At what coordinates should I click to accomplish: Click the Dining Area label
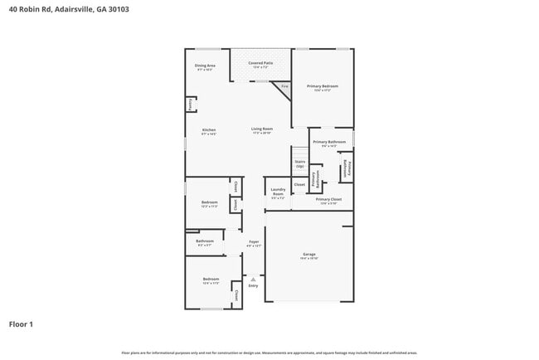click(x=205, y=66)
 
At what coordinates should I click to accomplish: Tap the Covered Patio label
click(x=260, y=63)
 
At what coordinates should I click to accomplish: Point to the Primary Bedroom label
click(x=323, y=86)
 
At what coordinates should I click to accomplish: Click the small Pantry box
click(x=190, y=105)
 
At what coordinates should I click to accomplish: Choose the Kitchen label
click(x=209, y=130)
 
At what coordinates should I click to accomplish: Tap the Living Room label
click(x=262, y=129)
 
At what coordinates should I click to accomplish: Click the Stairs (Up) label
click(x=299, y=164)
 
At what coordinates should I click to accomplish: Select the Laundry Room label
click(x=278, y=192)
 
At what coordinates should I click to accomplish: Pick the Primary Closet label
click(x=328, y=199)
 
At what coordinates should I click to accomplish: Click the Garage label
click(x=308, y=255)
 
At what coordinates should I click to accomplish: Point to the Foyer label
click(x=254, y=242)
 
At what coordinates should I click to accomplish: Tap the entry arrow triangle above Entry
click(x=253, y=279)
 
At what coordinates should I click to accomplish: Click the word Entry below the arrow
click(x=253, y=286)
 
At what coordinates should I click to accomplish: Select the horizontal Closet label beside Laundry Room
click(x=299, y=184)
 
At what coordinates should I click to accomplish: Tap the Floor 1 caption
click(x=21, y=324)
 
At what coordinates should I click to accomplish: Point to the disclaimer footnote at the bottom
click(x=269, y=353)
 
